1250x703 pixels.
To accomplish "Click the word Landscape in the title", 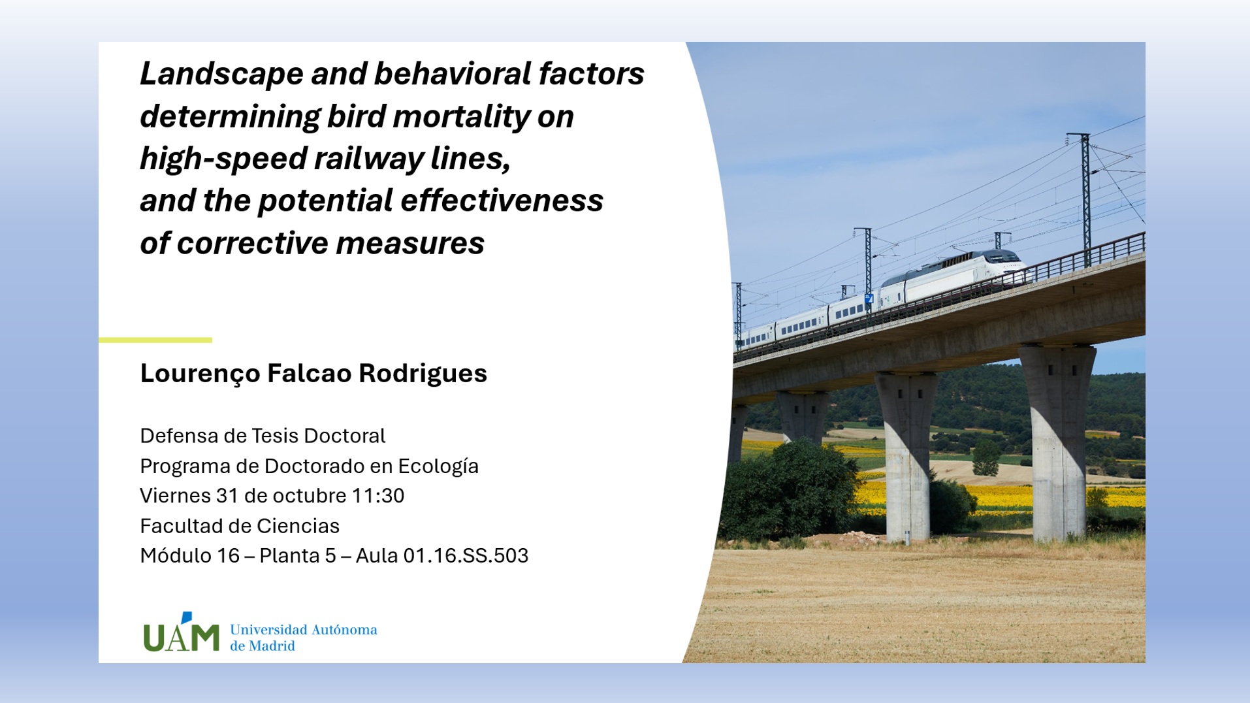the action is click(x=221, y=74).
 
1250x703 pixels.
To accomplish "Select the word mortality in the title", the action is click(x=461, y=117).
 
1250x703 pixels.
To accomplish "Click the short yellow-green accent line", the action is click(x=155, y=340).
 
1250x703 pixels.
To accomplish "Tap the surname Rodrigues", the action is click(x=423, y=374).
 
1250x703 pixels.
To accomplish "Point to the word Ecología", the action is click(x=438, y=466).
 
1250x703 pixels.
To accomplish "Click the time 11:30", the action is click(x=378, y=496).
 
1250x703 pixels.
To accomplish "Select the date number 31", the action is click(x=227, y=496).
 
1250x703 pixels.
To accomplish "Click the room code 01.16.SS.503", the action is click(x=466, y=556).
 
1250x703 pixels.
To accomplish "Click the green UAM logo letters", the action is click(x=181, y=632).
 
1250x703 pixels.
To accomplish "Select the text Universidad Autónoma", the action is click(x=304, y=630).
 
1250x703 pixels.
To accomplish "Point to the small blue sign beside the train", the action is click(x=869, y=298).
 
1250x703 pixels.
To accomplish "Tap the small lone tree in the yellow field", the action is click(x=986, y=457).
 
